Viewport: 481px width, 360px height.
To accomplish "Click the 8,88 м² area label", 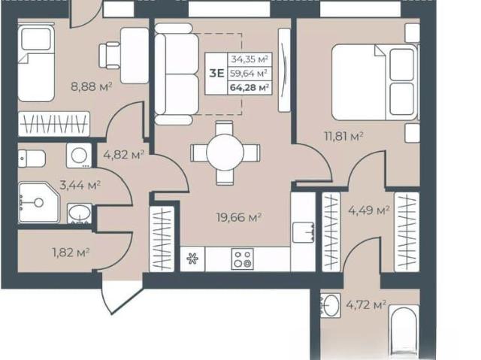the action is pos(91,86).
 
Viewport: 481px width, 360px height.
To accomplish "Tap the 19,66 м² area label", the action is pos(239,217).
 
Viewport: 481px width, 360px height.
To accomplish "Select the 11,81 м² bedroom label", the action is pos(344,135).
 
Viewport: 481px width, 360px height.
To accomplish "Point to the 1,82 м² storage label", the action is pos(71,253).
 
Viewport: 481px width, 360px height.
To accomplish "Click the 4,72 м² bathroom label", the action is pos(366,305).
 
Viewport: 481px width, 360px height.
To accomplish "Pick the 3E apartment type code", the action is pos(216,74).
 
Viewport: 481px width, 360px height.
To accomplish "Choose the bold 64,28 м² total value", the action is pos(250,88).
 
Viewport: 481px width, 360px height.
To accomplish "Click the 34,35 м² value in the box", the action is pos(250,59).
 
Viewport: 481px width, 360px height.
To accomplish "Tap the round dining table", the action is pos(225,152).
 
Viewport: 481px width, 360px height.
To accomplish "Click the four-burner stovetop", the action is pos(242,259).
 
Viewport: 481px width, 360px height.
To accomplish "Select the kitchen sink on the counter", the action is pos(303,232).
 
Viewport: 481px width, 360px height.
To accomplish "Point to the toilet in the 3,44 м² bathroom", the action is pos(32,159).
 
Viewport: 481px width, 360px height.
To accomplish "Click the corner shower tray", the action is pos(38,202).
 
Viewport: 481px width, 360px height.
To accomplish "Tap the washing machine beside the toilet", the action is pos(79,156).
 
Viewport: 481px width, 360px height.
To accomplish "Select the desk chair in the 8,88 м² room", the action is pos(110,56).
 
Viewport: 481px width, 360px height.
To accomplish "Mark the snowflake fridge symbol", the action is pos(192,259).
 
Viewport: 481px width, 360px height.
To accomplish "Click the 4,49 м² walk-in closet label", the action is pos(369,210).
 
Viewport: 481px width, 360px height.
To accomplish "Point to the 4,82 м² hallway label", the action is pos(123,155).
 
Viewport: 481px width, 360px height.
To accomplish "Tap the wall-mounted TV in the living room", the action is pos(284,70).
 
